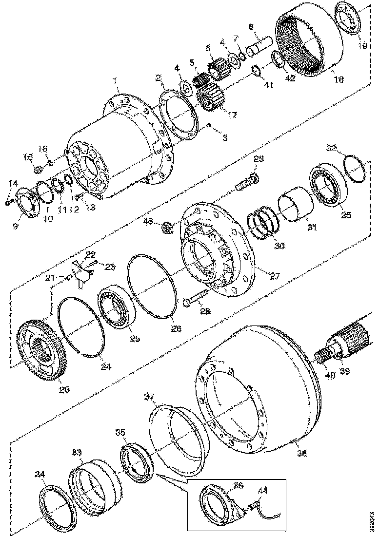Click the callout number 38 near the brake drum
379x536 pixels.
tap(302, 453)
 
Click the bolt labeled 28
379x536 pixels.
tap(197, 298)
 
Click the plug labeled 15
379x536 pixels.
tap(38, 170)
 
